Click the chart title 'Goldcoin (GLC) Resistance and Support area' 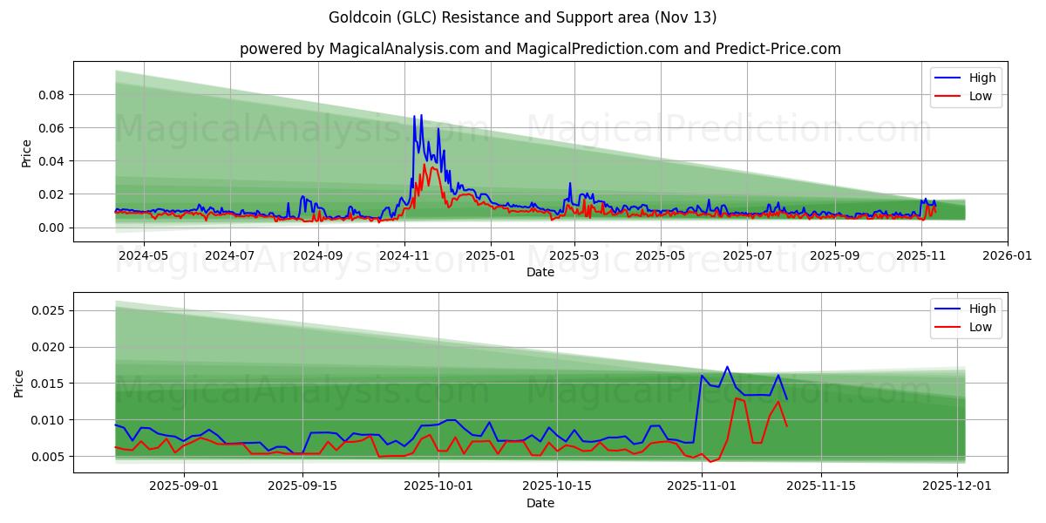[x=523, y=17]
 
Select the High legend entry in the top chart [x=981, y=78]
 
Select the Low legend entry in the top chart [x=981, y=96]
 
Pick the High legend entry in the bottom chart [x=981, y=309]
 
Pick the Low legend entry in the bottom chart [x=981, y=327]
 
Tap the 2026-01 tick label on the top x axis [x=1008, y=256]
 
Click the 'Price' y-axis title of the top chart [x=26, y=153]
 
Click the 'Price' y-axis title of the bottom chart [x=19, y=383]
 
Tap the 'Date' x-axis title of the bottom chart [x=540, y=504]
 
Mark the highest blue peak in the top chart [x=421, y=115]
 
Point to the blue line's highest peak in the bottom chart [x=727, y=367]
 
